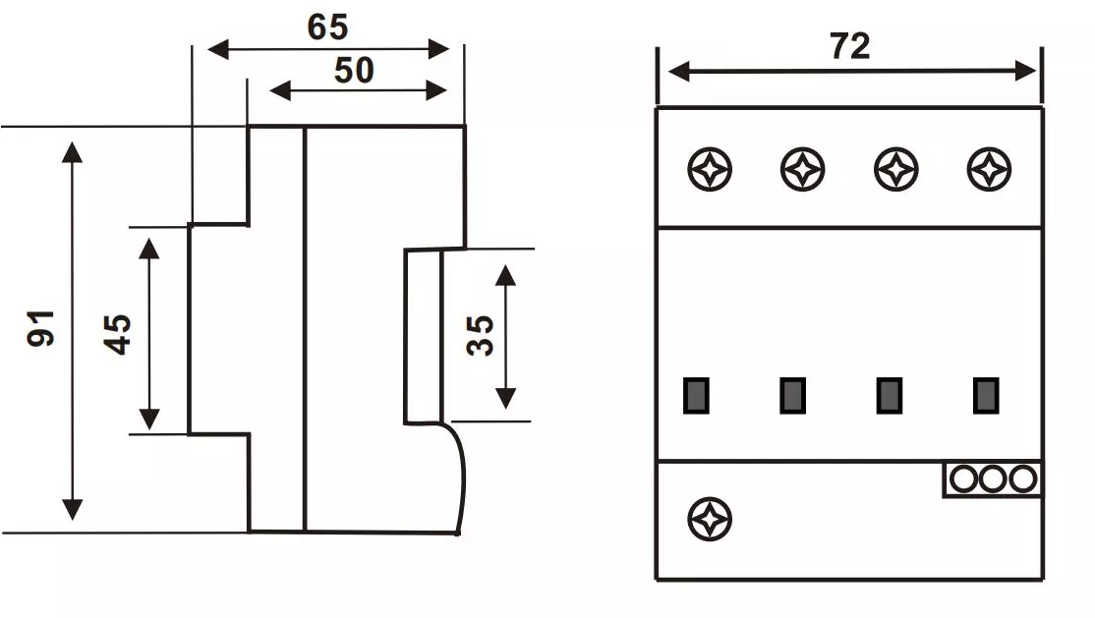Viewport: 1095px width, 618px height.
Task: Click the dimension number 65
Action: tap(327, 27)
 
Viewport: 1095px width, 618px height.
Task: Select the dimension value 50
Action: tap(354, 71)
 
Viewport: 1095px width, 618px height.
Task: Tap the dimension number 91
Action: tap(42, 327)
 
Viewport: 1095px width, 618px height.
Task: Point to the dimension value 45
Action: tap(119, 334)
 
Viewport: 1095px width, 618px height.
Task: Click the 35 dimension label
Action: tap(481, 336)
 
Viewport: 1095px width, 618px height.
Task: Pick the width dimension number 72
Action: tap(850, 46)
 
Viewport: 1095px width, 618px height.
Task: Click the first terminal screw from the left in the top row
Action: tap(710, 170)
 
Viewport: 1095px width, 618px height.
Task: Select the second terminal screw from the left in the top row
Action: tap(803, 170)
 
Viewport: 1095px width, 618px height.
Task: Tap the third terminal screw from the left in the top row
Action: tap(896, 170)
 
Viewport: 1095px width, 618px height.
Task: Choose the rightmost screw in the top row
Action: tap(990, 170)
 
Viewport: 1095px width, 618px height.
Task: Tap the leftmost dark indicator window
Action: tap(697, 395)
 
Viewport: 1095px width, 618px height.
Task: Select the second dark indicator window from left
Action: tap(793, 395)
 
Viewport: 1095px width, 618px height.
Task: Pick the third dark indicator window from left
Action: tap(890, 395)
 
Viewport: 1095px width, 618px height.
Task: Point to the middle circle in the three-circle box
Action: tap(993, 478)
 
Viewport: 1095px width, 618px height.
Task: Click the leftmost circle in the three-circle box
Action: tap(963, 478)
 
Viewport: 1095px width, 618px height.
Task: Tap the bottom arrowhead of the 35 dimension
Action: tap(505, 398)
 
